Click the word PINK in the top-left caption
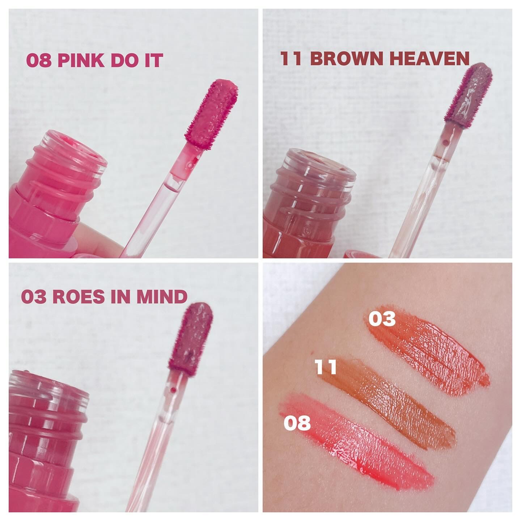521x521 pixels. [81, 60]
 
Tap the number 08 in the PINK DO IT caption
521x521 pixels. [39, 60]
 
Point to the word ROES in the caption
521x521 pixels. [79, 297]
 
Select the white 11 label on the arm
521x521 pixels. [326, 367]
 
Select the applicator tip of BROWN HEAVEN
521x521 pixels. [468, 98]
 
